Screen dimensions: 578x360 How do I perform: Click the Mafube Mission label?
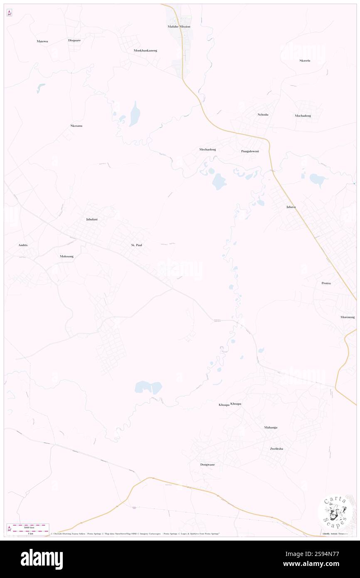[x=179, y=27]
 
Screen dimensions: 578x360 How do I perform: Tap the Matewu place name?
[x=42, y=41]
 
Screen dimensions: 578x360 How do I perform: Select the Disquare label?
[x=74, y=40]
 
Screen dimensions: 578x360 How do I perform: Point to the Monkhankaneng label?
[x=145, y=50]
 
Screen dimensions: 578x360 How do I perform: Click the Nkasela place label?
[x=305, y=61]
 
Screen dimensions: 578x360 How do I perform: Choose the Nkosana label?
[x=76, y=126]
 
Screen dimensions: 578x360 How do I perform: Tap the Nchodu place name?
[x=263, y=115]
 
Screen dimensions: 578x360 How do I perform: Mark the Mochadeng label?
[x=303, y=116]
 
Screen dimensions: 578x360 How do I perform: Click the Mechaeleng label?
[x=207, y=149]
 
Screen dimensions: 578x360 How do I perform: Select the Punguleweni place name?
[x=250, y=151]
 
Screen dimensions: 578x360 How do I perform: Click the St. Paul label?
[x=137, y=245]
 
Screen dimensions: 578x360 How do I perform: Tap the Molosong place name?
[x=67, y=257]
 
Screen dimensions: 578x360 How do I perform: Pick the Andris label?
[x=23, y=245]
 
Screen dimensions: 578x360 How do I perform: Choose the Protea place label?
[x=326, y=283]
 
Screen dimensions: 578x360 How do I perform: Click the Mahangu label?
[x=271, y=427]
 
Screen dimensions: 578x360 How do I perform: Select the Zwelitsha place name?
[x=276, y=449]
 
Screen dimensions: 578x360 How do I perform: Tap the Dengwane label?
[x=207, y=464]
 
